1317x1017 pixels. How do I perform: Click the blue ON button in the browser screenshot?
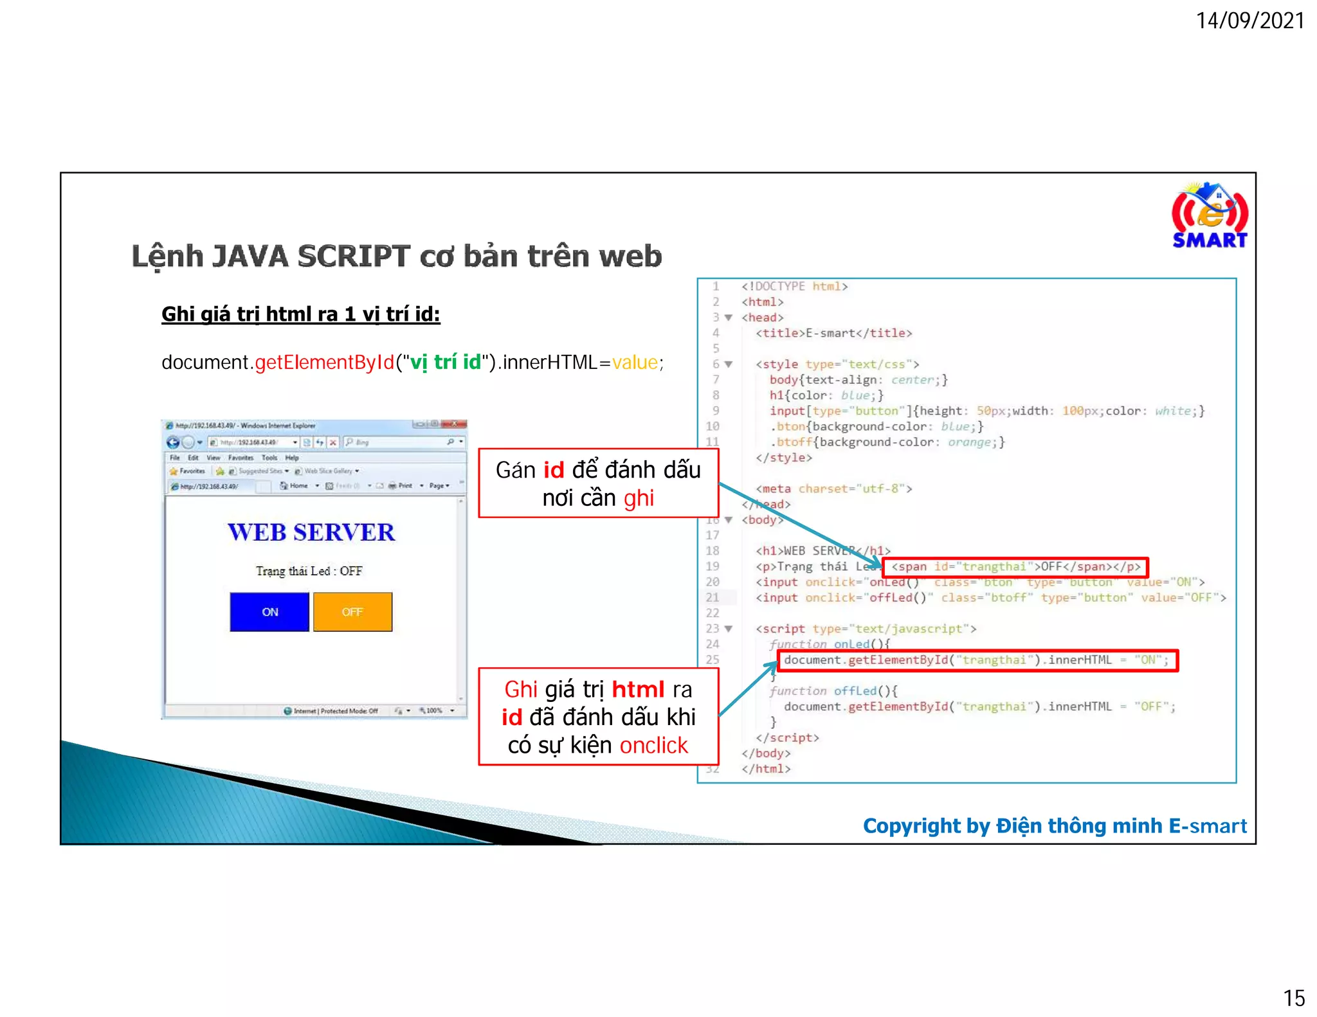tap(269, 611)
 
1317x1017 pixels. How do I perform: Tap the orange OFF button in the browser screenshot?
tap(352, 611)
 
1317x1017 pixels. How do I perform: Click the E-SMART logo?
tap(1209, 216)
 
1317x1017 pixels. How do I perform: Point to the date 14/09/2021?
tap(1249, 21)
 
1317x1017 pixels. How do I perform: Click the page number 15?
tap(1293, 998)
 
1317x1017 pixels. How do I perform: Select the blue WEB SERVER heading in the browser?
tap(311, 532)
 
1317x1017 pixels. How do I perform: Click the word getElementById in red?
tap(324, 363)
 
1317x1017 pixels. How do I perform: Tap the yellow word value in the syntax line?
tap(635, 363)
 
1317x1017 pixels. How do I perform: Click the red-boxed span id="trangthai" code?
tap(1015, 567)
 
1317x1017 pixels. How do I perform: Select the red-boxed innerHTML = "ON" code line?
tap(977, 660)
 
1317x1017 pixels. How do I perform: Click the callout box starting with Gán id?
tap(598, 483)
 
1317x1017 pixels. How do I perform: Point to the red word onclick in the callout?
tap(653, 745)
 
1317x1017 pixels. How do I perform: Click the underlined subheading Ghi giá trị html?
tap(300, 314)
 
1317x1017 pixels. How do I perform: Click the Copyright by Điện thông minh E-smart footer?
tap(1054, 825)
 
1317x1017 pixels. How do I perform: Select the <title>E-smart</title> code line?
tap(833, 333)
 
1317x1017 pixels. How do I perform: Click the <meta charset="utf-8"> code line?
tap(833, 489)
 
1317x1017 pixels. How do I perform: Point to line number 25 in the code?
tap(713, 660)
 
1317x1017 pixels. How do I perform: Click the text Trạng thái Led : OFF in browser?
tap(309, 571)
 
